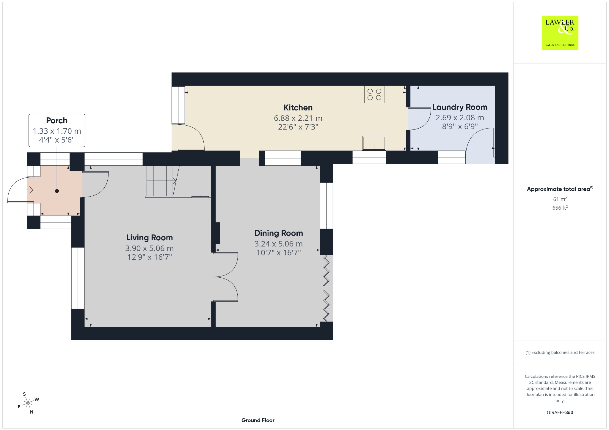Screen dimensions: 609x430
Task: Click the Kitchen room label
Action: pyautogui.click(x=298, y=107)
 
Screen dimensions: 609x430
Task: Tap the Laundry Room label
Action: pyautogui.click(x=460, y=107)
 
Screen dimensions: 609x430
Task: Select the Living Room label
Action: pyautogui.click(x=150, y=238)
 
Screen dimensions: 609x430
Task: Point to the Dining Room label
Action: pyautogui.click(x=279, y=233)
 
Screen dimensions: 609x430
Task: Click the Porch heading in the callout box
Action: pyautogui.click(x=57, y=121)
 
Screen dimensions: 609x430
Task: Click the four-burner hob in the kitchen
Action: pyautogui.click(x=374, y=94)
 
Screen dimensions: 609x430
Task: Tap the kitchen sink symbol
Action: pyautogui.click(x=374, y=143)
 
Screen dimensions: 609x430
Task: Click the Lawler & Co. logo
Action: pyautogui.click(x=560, y=33)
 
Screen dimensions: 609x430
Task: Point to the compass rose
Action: pyautogui.click(x=28, y=403)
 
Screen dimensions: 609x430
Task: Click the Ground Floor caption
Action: pyautogui.click(x=258, y=420)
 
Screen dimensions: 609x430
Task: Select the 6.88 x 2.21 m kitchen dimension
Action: pyautogui.click(x=298, y=118)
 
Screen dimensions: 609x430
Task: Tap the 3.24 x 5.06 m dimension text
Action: pyautogui.click(x=279, y=244)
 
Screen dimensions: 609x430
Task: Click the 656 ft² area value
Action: pyautogui.click(x=560, y=208)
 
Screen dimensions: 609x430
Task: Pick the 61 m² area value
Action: pyautogui.click(x=560, y=199)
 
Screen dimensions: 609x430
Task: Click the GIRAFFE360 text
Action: pyautogui.click(x=560, y=412)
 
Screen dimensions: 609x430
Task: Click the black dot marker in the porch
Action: pyautogui.click(x=57, y=191)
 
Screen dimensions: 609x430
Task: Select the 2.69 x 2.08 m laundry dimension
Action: pyautogui.click(x=460, y=118)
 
